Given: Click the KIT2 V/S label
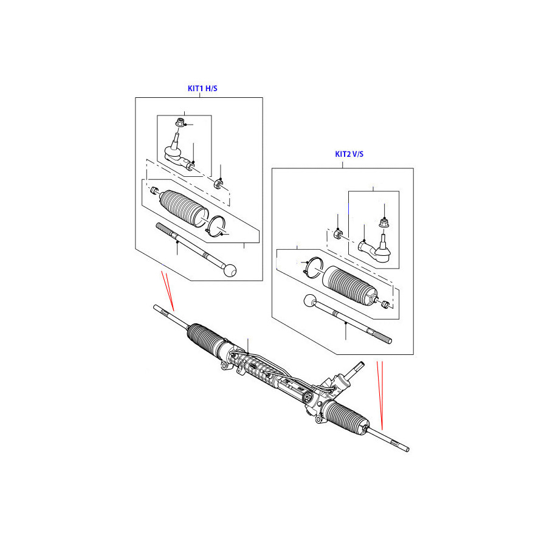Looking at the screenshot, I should point(349,154).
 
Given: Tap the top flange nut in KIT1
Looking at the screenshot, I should point(179,124).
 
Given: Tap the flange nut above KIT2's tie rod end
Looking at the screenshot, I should point(384,223).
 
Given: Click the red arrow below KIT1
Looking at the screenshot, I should point(168,291).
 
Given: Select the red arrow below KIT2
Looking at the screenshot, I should point(380,395).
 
